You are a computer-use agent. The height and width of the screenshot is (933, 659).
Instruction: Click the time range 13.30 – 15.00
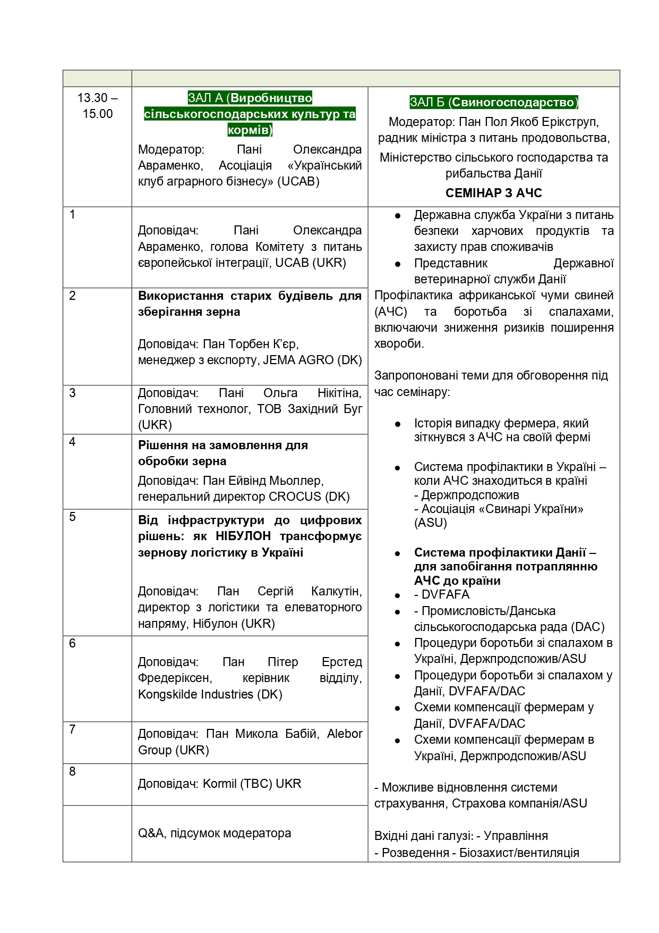pyautogui.click(x=97, y=106)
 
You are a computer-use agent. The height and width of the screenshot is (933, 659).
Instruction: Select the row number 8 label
pyautogui.click(x=73, y=771)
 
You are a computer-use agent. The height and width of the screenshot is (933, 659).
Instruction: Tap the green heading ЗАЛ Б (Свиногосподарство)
pyautogui.click(x=493, y=102)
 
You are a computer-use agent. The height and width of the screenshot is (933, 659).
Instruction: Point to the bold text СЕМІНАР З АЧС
pyautogui.click(x=493, y=193)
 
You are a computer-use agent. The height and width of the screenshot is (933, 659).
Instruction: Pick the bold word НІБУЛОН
pyautogui.click(x=243, y=536)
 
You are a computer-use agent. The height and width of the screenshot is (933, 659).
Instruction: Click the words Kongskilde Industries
pyautogui.click(x=195, y=694)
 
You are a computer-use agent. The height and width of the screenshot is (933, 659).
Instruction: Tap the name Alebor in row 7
pyautogui.click(x=344, y=734)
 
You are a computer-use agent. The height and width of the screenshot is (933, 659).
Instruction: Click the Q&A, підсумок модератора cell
pyautogui.click(x=215, y=833)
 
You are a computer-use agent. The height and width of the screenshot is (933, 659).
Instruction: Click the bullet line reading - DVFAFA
pyautogui.click(x=442, y=594)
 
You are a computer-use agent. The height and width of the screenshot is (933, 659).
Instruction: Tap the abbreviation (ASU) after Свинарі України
pyautogui.click(x=431, y=523)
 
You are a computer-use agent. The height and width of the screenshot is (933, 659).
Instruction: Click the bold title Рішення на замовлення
pyautogui.click(x=223, y=445)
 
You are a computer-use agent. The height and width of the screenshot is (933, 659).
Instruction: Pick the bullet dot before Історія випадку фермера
pyautogui.click(x=397, y=424)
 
